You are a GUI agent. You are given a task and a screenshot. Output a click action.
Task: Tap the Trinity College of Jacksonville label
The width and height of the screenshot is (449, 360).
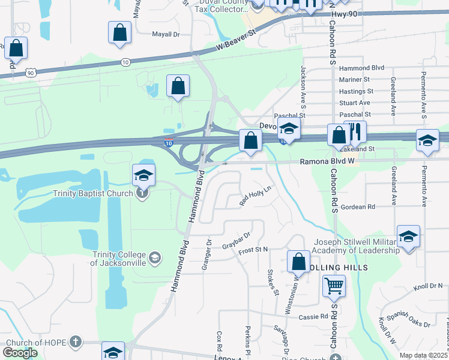tap(127, 259)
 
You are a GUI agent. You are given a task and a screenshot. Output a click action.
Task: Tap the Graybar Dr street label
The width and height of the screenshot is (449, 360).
tap(235, 239)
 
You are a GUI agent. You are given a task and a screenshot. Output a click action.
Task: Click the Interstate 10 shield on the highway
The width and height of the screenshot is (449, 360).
tap(170, 142)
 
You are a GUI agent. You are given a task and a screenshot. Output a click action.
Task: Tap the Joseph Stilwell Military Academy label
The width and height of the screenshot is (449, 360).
tap(357, 247)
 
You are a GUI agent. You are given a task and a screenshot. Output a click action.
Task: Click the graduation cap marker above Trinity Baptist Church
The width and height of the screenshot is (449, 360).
tap(144, 175)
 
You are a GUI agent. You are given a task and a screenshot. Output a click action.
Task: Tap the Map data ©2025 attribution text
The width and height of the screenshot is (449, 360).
tap(423, 355)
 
